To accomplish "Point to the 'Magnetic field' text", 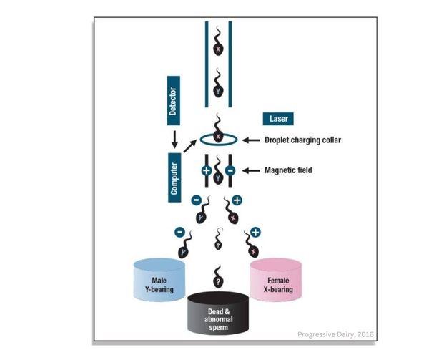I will tap(290, 170).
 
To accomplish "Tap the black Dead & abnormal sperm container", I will tap(218, 313).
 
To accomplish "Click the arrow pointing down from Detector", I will tap(173, 135).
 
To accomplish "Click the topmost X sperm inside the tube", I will tap(218, 47).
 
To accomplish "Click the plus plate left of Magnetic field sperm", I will tap(206, 172).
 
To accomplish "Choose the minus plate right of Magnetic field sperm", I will tap(230, 172).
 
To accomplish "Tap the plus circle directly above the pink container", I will tap(255, 232).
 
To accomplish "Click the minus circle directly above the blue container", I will tap(179, 232).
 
